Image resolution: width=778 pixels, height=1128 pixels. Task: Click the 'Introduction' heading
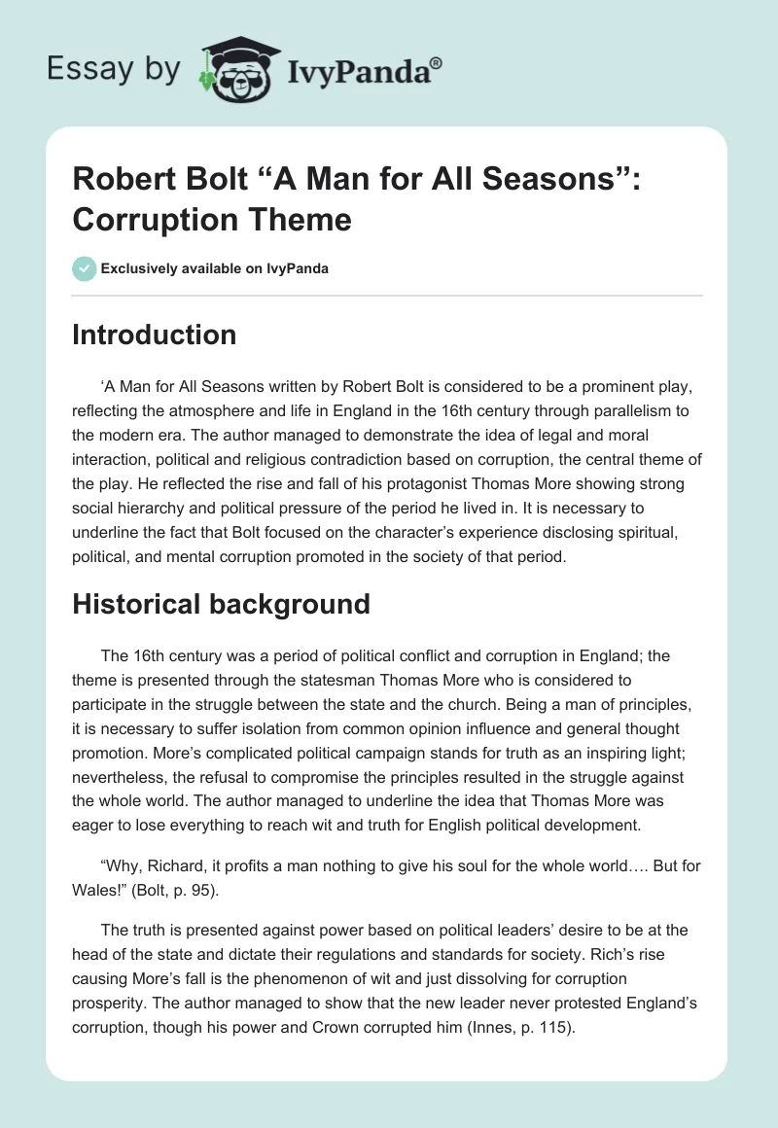point(155,335)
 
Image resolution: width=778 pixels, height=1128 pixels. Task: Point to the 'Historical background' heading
point(222,604)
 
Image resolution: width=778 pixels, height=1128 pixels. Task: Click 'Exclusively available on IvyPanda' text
point(214,268)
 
